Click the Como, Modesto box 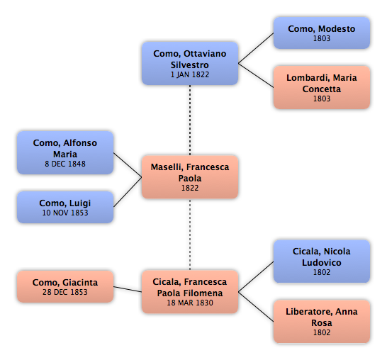tap(322, 33)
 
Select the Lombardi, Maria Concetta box tap(322, 87)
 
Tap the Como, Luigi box tap(65, 207)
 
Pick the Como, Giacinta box tap(65, 286)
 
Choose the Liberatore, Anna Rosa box tap(322, 322)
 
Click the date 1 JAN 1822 tap(190, 74)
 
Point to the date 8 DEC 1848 tap(65, 164)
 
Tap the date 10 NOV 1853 tap(65, 213)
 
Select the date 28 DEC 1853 tap(65, 292)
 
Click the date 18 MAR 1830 tap(190, 303)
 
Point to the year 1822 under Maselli tap(190, 188)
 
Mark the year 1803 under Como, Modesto tap(322, 38)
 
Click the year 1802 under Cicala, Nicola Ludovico tap(322, 272)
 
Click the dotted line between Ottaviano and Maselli tap(190, 120)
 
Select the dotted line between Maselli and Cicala tap(190, 235)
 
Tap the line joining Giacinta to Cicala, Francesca tap(128, 289)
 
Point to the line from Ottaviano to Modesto tap(256, 48)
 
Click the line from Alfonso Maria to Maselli tap(128, 165)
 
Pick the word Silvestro tap(190, 65)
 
